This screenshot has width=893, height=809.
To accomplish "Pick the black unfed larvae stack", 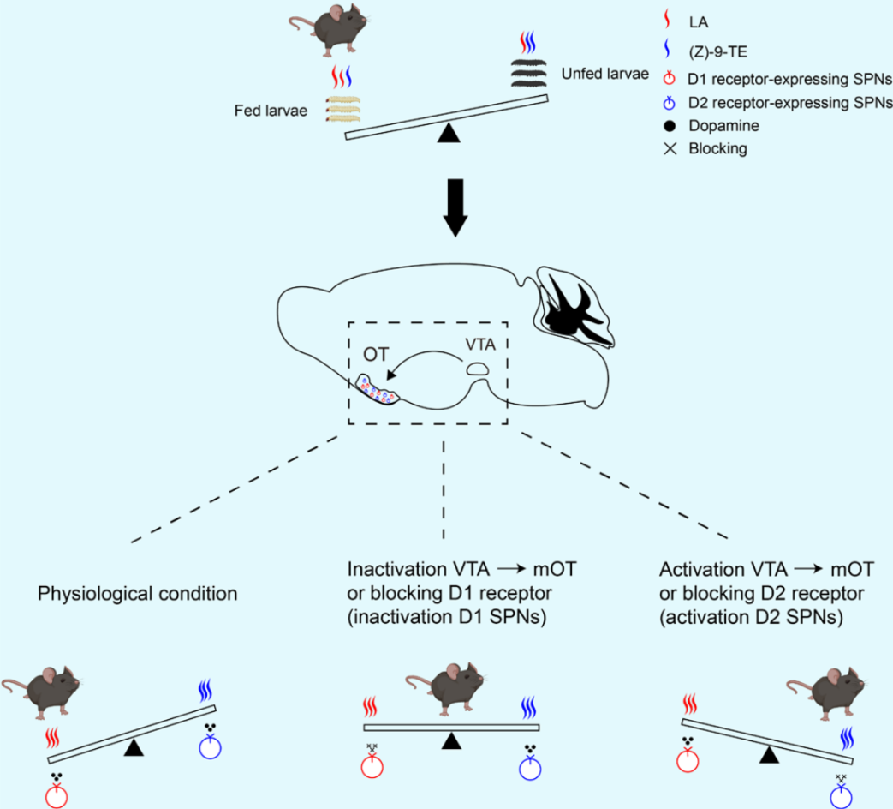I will click(530, 75).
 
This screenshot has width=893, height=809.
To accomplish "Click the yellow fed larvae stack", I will click(342, 109).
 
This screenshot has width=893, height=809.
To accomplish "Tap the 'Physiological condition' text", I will click(137, 592).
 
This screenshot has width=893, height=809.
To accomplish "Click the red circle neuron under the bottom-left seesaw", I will click(57, 796).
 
